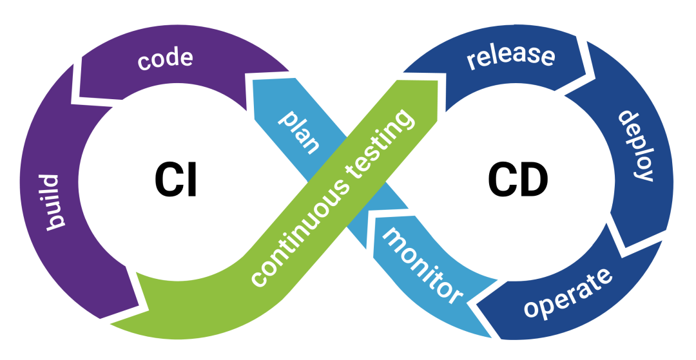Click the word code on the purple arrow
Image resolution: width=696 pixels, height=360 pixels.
(x=166, y=59)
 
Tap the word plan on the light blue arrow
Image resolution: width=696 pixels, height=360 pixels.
(x=298, y=132)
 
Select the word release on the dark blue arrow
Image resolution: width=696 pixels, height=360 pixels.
(x=511, y=55)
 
